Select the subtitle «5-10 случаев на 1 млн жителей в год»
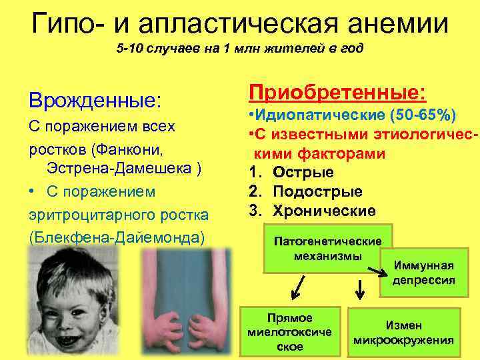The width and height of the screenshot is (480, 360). pyautogui.click(x=240, y=51)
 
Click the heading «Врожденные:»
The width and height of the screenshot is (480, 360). pyautogui.click(x=95, y=101)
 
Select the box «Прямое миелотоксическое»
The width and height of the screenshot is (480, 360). pyautogui.click(x=289, y=331)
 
